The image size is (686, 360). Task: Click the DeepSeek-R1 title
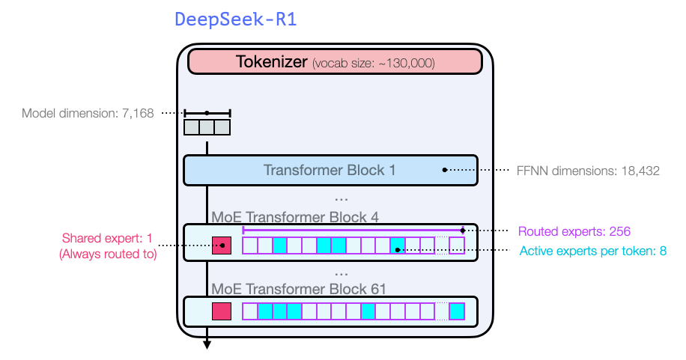[236, 19]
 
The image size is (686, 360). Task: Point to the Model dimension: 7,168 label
[88, 114]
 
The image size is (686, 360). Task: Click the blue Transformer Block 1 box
[330, 170]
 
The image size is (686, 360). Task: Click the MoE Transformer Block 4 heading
[295, 217]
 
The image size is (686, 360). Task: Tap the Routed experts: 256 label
[580, 231]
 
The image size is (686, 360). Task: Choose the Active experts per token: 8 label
[592, 251]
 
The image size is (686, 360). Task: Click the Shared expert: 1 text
[107, 239]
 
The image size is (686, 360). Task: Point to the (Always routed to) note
[107, 254]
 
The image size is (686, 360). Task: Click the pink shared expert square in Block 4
[222, 245]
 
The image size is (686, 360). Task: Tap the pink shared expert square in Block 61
[222, 311]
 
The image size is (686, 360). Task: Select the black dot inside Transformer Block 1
[444, 170]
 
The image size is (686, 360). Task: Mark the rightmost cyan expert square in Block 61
[456, 311]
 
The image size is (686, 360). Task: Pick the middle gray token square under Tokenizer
[207, 127]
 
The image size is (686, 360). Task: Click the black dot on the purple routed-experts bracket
[463, 231]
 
